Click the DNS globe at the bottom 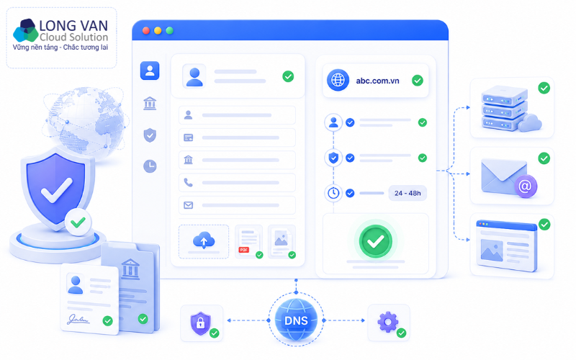[x=296, y=320]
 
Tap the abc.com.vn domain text [x=377, y=81]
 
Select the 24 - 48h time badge [x=408, y=193]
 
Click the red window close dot [x=146, y=30]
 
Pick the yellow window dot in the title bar [x=158, y=30]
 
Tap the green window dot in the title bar [x=170, y=30]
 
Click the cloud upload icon [x=204, y=240]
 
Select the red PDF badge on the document [x=244, y=250]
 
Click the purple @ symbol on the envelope [x=526, y=186]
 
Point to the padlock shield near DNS [x=200, y=323]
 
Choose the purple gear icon [x=387, y=322]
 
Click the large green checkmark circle [x=375, y=241]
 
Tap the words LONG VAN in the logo [x=73, y=26]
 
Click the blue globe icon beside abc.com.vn [x=338, y=80]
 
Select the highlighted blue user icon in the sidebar [x=150, y=71]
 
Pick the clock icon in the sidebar [x=150, y=166]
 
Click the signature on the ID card [x=78, y=319]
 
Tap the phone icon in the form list [x=189, y=183]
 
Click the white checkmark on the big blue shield [x=57, y=190]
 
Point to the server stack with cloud [x=510, y=109]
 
